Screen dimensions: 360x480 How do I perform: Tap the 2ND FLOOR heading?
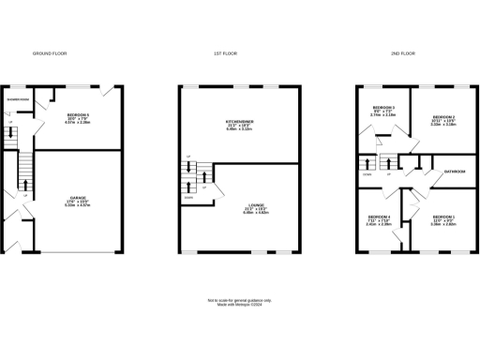(x=402, y=54)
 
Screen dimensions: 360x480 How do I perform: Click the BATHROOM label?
(x=456, y=172)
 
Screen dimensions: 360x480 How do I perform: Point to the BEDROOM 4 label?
(x=379, y=217)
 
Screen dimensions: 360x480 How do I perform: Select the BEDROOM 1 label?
(x=442, y=217)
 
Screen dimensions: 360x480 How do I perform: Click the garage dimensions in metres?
(x=78, y=207)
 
